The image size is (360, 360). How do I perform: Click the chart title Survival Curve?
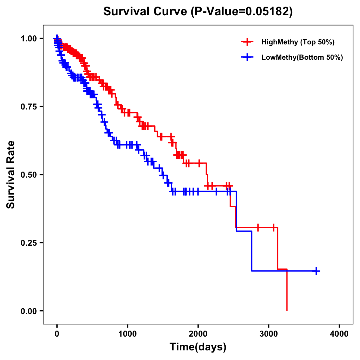click(x=146, y=11)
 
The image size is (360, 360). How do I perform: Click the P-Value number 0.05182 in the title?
click(x=268, y=11)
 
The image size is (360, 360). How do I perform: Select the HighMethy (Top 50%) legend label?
click(x=298, y=42)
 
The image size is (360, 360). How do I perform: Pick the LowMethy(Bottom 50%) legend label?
click(x=302, y=57)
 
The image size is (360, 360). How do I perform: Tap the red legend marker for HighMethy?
click(x=247, y=42)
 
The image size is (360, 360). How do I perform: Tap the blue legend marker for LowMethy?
click(x=247, y=57)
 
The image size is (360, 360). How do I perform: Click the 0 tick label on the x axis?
click(x=57, y=334)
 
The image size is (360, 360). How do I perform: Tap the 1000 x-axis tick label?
click(x=127, y=334)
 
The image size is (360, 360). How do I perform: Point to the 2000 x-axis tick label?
click(x=198, y=334)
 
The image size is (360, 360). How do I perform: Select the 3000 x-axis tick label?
click(x=269, y=334)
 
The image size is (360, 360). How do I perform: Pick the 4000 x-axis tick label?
click(x=339, y=334)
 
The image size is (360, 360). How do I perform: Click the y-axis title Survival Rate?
click(x=11, y=175)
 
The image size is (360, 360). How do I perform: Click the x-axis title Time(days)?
click(x=198, y=347)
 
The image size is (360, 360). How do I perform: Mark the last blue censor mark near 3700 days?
click(x=316, y=271)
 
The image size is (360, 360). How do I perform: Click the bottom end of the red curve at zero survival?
click(x=287, y=310)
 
